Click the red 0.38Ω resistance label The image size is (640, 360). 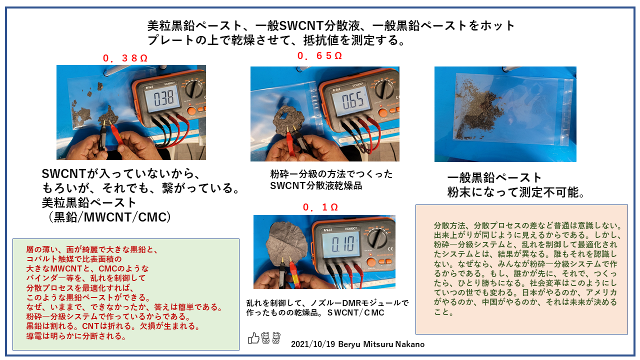click(125, 58)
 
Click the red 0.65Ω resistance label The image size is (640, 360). click(319, 55)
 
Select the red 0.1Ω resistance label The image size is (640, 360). click(320, 207)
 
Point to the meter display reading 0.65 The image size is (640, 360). click(352, 101)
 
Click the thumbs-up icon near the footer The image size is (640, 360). click(253, 338)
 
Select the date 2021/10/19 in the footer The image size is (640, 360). click(313, 344)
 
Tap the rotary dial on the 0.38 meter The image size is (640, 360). click(195, 88)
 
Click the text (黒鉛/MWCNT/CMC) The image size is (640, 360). click(109, 217)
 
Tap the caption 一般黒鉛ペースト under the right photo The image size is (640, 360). click(494, 177)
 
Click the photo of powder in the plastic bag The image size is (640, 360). click(505, 114)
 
